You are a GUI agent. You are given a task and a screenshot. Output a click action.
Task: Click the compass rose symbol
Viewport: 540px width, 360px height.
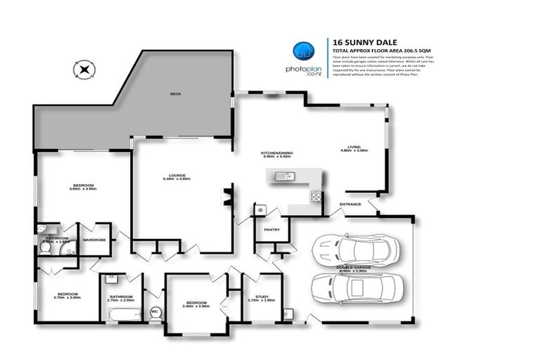(x=84, y=69)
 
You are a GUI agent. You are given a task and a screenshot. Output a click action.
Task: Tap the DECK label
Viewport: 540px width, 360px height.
(x=176, y=94)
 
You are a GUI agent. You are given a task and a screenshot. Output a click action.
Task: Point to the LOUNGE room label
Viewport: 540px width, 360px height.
(x=176, y=175)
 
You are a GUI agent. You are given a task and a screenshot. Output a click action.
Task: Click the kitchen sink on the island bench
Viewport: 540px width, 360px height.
(x=284, y=176)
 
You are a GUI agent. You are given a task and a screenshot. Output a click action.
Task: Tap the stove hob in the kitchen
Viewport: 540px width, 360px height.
(x=315, y=197)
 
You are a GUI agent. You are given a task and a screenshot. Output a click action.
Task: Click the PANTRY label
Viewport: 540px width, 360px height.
(x=272, y=229)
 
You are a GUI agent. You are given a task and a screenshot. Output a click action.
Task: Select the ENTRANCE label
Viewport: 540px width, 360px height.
(x=350, y=204)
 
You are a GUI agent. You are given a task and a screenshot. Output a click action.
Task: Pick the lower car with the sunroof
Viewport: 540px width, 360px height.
(x=358, y=287)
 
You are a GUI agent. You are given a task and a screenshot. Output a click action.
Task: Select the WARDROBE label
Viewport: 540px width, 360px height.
(x=94, y=240)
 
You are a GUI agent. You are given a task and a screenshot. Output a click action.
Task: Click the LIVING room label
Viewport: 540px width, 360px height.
(x=354, y=146)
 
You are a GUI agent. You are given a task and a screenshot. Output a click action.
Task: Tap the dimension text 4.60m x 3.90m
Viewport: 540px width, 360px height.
(x=82, y=189)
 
